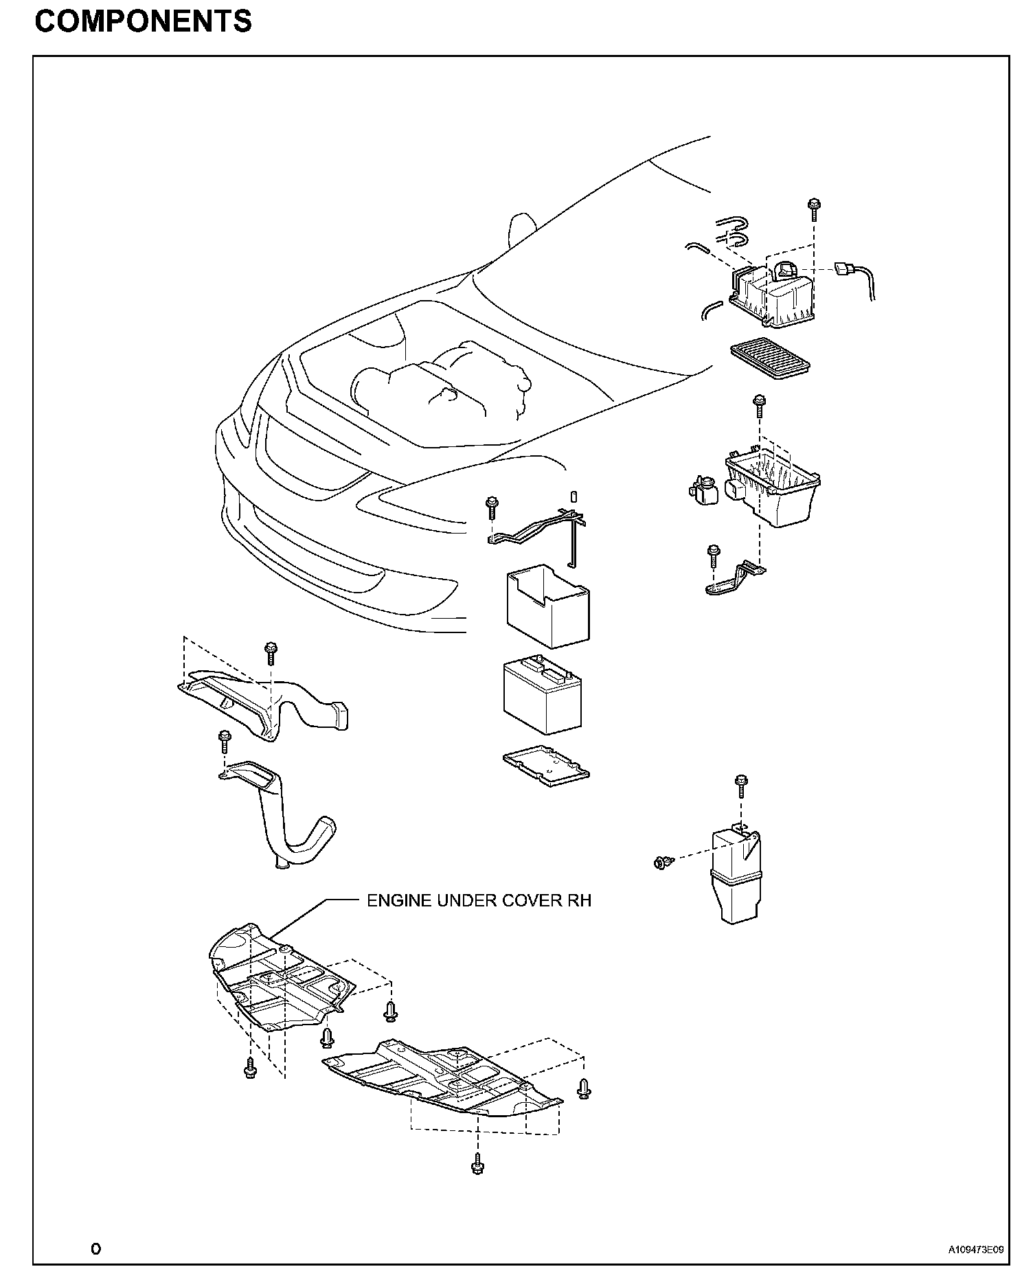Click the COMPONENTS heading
click(144, 22)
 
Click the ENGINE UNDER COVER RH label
click(479, 900)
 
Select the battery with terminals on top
click(542, 698)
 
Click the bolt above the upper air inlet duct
click(271, 653)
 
